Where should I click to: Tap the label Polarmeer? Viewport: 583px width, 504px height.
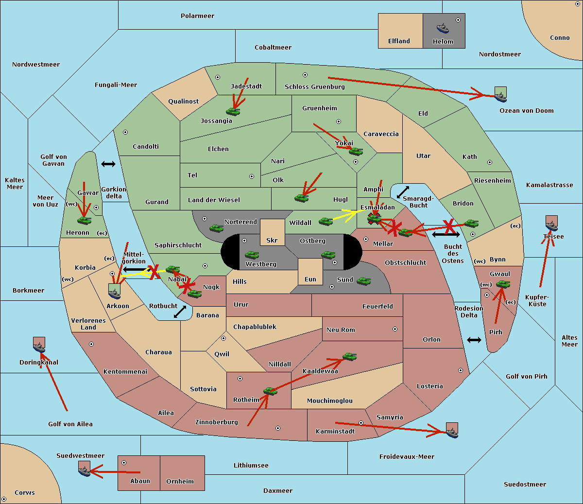click(197, 16)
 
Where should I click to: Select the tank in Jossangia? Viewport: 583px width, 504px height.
click(233, 111)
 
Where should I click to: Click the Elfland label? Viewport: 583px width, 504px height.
click(399, 41)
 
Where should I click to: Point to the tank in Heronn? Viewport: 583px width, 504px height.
click(85, 220)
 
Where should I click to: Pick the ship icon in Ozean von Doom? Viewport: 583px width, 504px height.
click(500, 94)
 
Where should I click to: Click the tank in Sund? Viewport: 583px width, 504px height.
click(363, 281)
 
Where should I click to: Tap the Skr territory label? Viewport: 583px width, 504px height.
click(272, 240)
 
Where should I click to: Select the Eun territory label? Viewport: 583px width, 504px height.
click(310, 279)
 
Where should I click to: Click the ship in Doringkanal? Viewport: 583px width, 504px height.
click(39, 345)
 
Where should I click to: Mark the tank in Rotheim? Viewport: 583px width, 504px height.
click(270, 391)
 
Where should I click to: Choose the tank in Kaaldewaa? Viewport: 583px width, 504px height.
click(349, 357)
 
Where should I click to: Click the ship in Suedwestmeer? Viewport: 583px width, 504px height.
click(85, 469)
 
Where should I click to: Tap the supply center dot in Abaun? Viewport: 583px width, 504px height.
click(124, 463)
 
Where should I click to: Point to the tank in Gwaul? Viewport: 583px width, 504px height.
click(503, 284)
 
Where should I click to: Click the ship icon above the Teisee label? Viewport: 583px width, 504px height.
click(552, 223)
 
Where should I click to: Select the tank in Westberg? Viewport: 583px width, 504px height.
click(252, 255)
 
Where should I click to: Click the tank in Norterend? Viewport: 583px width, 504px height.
click(216, 228)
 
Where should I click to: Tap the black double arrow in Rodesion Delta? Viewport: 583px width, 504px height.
click(474, 340)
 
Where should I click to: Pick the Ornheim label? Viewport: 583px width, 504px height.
click(180, 482)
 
